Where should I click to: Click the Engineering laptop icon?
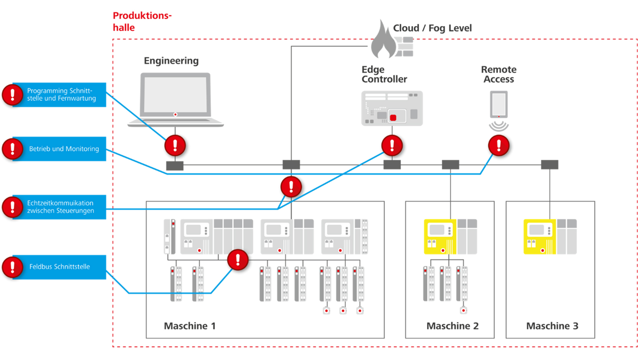[176, 99]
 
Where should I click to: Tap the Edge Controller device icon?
[392, 108]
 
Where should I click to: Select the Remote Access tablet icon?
[499, 104]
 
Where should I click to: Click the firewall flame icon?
[383, 41]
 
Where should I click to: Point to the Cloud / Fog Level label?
[432, 28]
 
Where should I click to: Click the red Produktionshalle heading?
[142, 21]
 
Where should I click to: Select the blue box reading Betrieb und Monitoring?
[59, 149]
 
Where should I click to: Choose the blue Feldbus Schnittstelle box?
[59, 267]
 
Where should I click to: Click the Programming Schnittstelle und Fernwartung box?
[59, 95]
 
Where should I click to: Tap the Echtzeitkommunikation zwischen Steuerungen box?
[59, 207]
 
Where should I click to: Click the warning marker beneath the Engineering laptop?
[175, 146]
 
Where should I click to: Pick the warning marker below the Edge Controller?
[392, 146]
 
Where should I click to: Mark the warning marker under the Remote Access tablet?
[499, 146]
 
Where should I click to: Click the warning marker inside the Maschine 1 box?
[238, 260]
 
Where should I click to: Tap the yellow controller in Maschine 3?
[539, 237]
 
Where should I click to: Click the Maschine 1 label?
[190, 326]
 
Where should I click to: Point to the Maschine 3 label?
[552, 326]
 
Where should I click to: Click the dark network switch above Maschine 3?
[550, 165]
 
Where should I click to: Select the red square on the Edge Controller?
[393, 118]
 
